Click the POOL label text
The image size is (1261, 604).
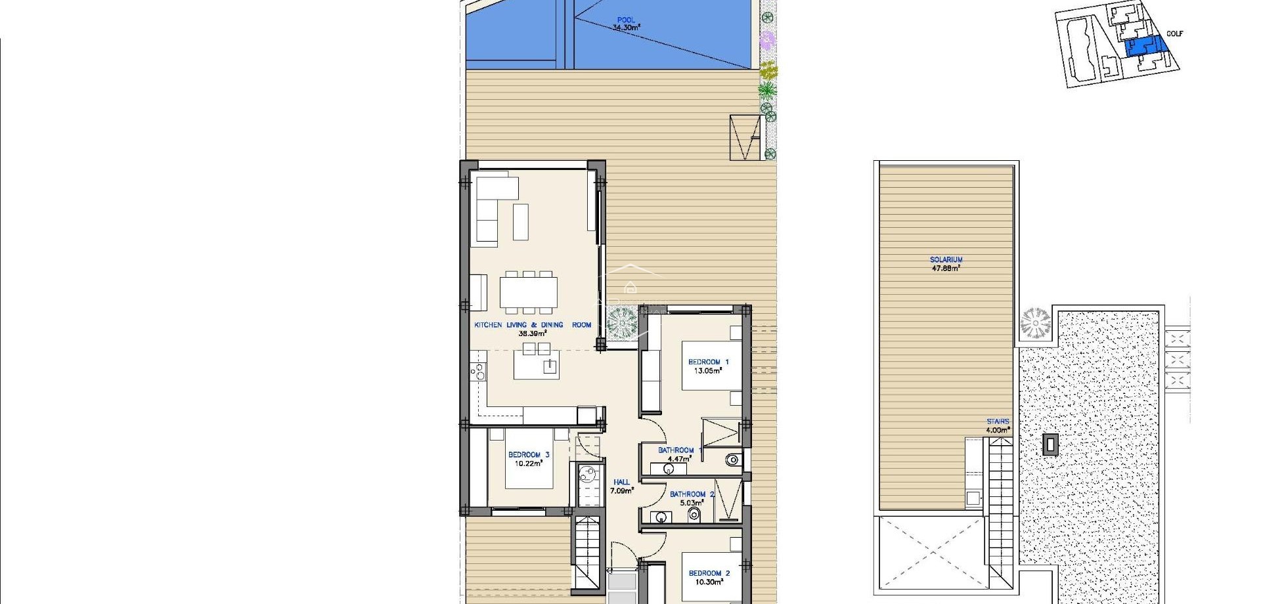(626, 20)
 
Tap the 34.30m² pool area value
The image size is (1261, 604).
(626, 28)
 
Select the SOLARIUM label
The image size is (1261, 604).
(946, 260)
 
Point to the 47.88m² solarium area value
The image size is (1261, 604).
(946, 269)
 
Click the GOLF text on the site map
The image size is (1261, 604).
(1174, 33)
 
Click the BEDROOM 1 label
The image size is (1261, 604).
(708, 362)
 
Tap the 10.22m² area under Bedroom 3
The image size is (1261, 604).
(528, 464)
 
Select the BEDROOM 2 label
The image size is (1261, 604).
(709, 573)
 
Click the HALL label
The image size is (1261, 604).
(621, 482)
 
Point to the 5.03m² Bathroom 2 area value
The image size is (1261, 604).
(692, 503)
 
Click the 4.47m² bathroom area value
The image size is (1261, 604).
(679, 459)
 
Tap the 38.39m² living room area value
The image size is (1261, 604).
(532, 334)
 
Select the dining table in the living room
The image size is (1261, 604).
(529, 293)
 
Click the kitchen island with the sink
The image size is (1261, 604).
(537, 365)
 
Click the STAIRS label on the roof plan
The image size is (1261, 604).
(997, 421)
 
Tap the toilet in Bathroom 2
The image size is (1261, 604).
(695, 515)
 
